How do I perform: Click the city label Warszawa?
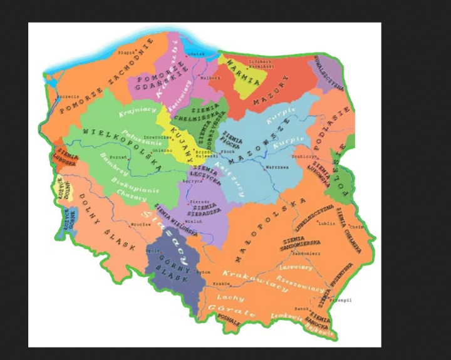pyautogui.click(x=277, y=168)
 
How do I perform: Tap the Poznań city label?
pyautogui.click(x=117, y=158)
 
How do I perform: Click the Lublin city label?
pyautogui.click(x=327, y=223)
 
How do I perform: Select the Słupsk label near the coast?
pyautogui.click(x=127, y=53)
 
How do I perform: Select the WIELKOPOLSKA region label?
pyautogui.click(x=119, y=144)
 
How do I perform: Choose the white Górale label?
pyautogui.click(x=233, y=312)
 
